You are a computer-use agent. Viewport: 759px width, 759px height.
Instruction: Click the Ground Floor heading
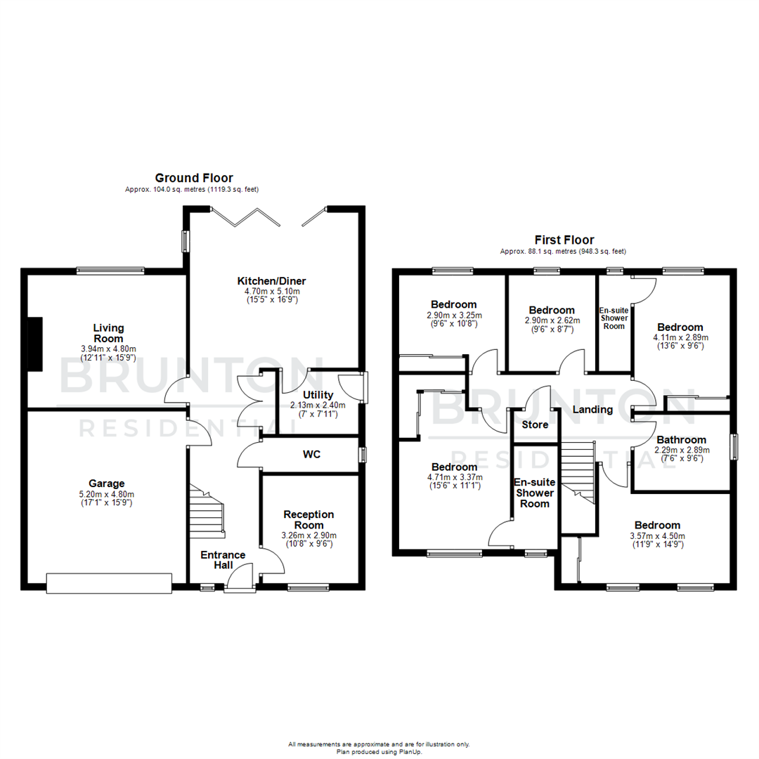pyautogui.click(x=194, y=179)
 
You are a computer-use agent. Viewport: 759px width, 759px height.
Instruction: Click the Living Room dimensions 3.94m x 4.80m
pyautogui.click(x=108, y=349)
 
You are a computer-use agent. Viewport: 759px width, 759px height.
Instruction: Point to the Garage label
pyautogui.click(x=106, y=483)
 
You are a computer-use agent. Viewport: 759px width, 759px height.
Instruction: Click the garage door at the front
pyautogui.click(x=109, y=583)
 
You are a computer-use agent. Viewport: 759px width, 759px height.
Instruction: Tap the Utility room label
pyautogui.click(x=318, y=395)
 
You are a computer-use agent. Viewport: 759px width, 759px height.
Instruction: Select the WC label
pyautogui.click(x=312, y=455)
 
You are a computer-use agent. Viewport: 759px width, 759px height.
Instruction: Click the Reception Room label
pyautogui.click(x=309, y=520)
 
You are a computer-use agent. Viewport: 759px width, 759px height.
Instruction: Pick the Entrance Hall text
pyautogui.click(x=223, y=560)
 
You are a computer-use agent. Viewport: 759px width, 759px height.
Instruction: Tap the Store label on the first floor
pyautogui.click(x=535, y=424)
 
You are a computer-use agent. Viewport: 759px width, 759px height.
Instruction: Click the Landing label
pyautogui.click(x=592, y=409)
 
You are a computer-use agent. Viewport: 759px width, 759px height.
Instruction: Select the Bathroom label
pyautogui.click(x=681, y=440)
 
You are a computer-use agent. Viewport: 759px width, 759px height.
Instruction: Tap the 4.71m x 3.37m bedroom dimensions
pyautogui.click(x=455, y=478)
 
